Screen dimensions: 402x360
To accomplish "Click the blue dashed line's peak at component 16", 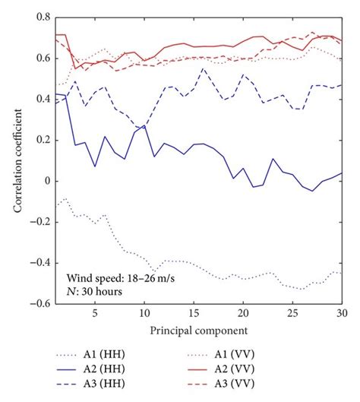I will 204,68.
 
